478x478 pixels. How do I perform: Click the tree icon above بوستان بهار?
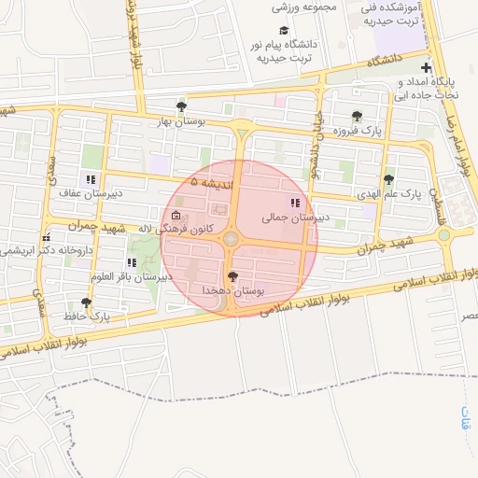[x=181, y=106]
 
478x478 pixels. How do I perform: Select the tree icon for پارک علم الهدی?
[x=388, y=179]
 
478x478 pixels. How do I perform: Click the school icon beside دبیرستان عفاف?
[x=91, y=179]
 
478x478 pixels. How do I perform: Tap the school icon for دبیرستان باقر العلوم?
[x=131, y=262]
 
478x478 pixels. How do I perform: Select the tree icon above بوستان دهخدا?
[x=232, y=276]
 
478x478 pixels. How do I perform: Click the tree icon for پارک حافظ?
[x=87, y=302]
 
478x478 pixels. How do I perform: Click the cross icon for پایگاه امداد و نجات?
[x=426, y=67]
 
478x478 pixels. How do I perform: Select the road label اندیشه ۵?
[x=216, y=182]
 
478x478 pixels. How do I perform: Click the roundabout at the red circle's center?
[x=231, y=240]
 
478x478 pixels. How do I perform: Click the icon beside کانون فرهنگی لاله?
[x=176, y=217]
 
